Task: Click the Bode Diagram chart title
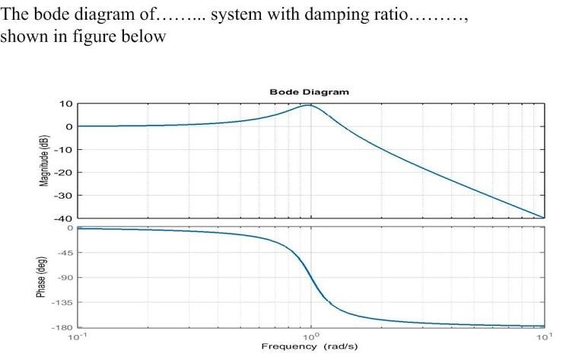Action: pos(309,91)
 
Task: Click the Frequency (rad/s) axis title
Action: pos(309,346)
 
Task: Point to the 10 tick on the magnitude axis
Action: pos(66,104)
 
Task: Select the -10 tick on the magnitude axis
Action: pos(64,149)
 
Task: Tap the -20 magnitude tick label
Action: pos(64,172)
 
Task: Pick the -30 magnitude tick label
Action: pos(64,195)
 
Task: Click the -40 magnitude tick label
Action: pos(64,218)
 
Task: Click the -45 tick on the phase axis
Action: pos(65,253)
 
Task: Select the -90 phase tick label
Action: pos(65,278)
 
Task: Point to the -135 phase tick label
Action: pos(63,303)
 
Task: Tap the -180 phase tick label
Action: pos(63,327)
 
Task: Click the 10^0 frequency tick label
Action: pos(310,336)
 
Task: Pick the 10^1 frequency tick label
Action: pos(543,336)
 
